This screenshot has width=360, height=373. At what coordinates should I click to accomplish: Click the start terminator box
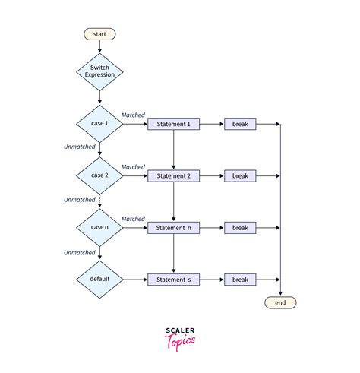click(x=99, y=33)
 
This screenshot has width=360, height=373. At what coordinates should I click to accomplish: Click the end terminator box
click(x=280, y=302)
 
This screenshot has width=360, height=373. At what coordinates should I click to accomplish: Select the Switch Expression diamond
click(x=99, y=72)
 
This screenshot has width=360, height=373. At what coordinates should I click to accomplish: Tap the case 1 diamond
click(x=99, y=124)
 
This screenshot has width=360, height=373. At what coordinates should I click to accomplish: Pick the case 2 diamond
click(x=99, y=175)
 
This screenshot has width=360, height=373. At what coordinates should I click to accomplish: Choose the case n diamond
click(x=99, y=227)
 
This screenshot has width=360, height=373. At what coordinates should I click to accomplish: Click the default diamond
click(x=99, y=279)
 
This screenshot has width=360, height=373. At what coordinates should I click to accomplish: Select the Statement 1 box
click(x=174, y=124)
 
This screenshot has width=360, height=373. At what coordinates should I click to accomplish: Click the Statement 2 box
click(x=174, y=175)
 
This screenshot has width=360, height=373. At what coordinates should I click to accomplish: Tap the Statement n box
click(x=174, y=227)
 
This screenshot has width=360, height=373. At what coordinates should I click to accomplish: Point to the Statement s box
click(x=174, y=279)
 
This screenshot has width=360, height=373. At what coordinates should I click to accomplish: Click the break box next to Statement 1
click(x=240, y=124)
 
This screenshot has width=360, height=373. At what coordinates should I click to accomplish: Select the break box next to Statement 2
click(x=240, y=175)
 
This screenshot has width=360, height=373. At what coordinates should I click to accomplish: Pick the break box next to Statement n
click(x=240, y=227)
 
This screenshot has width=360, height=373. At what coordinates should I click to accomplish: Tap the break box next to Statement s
click(x=240, y=279)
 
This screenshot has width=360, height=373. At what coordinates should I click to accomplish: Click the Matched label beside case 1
click(x=133, y=115)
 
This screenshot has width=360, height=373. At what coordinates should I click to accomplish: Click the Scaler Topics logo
click(x=180, y=337)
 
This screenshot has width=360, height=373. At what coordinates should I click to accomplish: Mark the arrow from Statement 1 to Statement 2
click(x=174, y=150)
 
